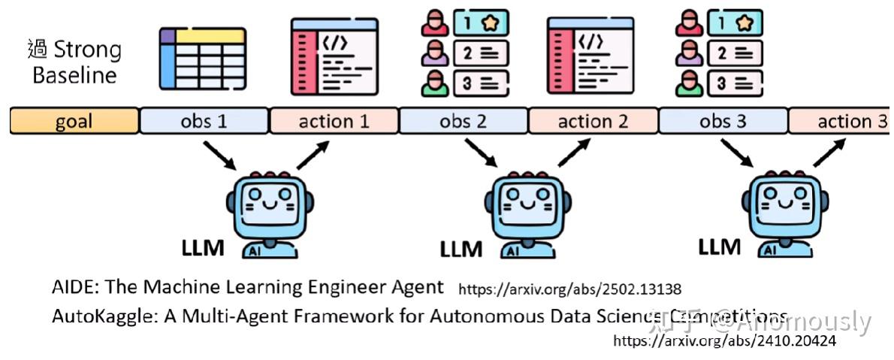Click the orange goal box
click(74, 121)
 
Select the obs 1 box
click(204, 121)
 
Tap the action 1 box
click(334, 121)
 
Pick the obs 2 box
click(464, 121)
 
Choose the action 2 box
click(593, 121)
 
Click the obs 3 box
click(723, 121)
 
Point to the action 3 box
click(841, 121)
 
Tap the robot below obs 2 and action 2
click(527, 215)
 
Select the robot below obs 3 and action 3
click(785, 215)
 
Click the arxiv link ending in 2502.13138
click(569, 289)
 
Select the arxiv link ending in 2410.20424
click(723, 340)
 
